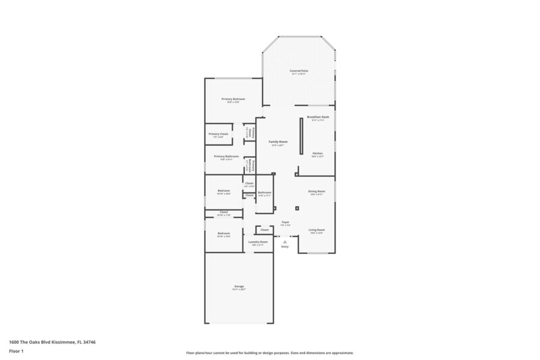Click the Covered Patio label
pos(298,71)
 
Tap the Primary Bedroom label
pos(233,99)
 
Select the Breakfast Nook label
pos(318,117)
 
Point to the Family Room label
pos(278,142)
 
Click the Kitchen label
pos(317,153)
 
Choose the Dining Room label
pos(317,191)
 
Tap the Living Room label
pos(317,230)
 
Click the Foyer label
pos(286,222)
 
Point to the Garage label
pos(239,286)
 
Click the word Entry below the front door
pos(285,247)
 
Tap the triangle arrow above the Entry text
pos(285,240)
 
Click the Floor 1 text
pos(16,351)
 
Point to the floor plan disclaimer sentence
pos(269,353)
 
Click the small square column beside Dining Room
pos(297,208)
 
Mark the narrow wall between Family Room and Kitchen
pos(302,136)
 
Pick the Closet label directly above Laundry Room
pos(265,230)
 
